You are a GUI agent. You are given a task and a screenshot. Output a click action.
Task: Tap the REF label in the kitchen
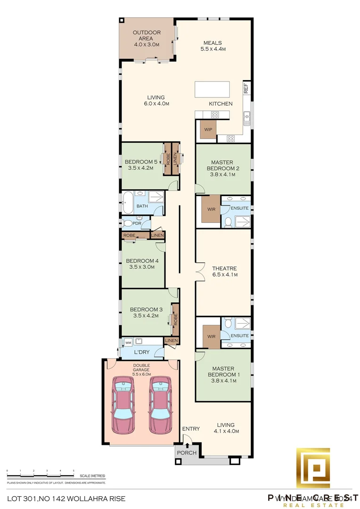245,87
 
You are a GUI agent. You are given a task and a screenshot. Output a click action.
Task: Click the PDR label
136,223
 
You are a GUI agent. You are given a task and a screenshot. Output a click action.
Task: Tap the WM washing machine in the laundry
128,343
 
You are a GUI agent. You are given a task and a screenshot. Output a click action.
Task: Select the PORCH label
184,453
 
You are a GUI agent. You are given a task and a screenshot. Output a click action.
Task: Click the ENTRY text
191,429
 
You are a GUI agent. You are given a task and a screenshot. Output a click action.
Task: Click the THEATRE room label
224,269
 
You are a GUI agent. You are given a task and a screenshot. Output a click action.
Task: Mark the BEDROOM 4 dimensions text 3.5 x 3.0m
142,267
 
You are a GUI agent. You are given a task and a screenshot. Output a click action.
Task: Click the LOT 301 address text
66,498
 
